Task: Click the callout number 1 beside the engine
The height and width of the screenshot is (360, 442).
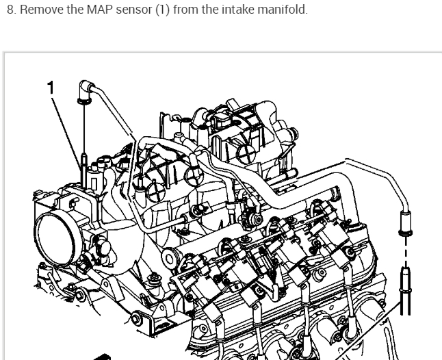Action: click(x=50, y=87)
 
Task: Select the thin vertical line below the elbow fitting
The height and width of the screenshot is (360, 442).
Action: click(x=83, y=130)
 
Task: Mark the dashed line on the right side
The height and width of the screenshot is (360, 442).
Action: click(x=404, y=254)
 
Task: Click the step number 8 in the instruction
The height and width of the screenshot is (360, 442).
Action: click(x=8, y=10)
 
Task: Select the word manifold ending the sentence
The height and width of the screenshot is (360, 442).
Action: click(x=263, y=10)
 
